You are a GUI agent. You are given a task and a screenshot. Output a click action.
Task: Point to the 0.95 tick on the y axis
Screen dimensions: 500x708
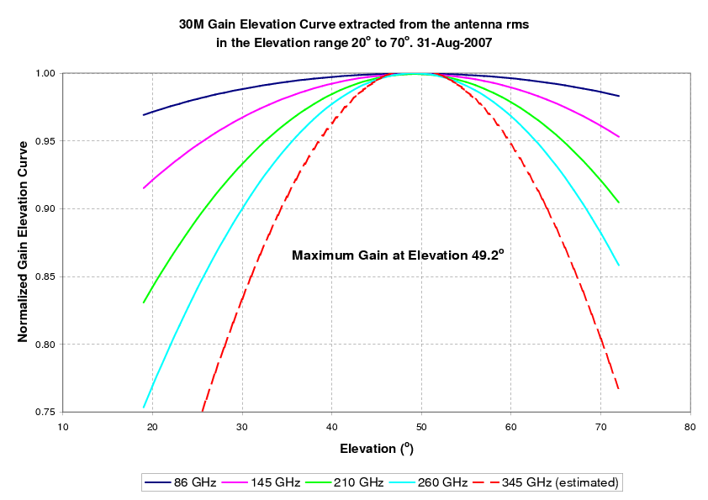44,141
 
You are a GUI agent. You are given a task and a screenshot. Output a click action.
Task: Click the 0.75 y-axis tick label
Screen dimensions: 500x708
44,412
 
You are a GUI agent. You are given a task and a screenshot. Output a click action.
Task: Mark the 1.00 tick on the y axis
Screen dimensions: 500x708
44,74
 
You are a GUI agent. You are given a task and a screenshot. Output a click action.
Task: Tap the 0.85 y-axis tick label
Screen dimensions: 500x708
44,276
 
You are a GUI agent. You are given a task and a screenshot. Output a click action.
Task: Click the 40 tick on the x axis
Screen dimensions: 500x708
332,427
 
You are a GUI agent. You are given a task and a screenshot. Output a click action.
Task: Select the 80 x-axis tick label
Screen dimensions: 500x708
690,427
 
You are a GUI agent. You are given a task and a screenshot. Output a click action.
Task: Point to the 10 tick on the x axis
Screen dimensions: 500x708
63,427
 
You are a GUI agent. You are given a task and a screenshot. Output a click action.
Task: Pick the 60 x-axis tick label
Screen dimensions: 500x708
511,427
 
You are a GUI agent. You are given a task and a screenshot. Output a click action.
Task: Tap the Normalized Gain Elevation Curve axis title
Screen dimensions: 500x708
24,239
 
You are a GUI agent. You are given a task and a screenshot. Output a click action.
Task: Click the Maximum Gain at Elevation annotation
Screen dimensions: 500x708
398,255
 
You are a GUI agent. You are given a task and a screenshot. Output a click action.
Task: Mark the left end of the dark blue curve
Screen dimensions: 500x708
144,114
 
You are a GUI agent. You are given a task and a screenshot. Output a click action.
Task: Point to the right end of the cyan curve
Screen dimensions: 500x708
619,266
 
